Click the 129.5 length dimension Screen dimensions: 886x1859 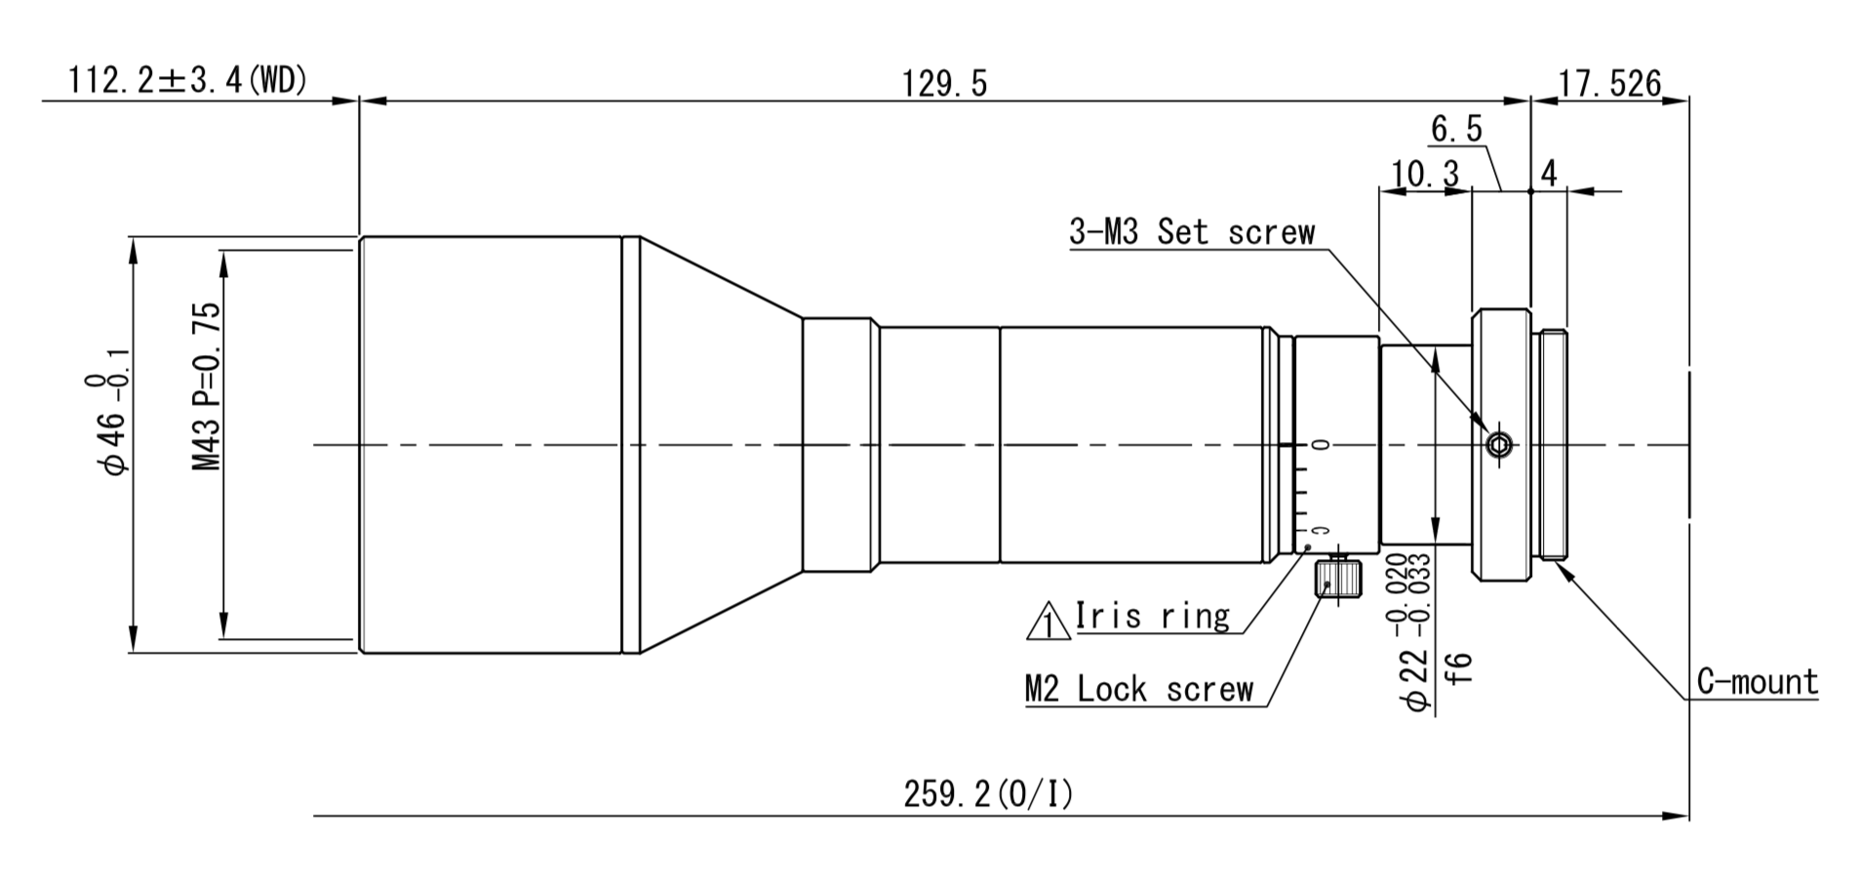[x=944, y=84]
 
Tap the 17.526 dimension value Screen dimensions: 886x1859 [x=1608, y=84]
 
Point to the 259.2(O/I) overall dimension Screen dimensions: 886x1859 [x=987, y=795]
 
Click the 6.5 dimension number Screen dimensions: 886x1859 [x=1456, y=129]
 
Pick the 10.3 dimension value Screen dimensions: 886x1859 [x=1425, y=175]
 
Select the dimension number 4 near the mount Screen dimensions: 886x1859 [x=1548, y=174]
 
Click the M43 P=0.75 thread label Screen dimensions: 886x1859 [x=207, y=387]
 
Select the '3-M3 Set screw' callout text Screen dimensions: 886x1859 [x=1192, y=232]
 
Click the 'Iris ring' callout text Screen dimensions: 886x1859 [x=1152, y=617]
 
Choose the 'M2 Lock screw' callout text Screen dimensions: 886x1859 [x=1138, y=689]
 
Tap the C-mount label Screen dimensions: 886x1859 [x=1757, y=681]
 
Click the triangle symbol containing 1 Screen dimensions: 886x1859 [x=1048, y=622]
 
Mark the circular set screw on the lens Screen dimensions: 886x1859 [x=1497, y=446]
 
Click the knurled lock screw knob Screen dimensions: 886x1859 [x=1337, y=579]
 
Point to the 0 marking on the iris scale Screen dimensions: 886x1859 [x=1322, y=445]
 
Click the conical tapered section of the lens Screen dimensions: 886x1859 [x=722, y=445]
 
